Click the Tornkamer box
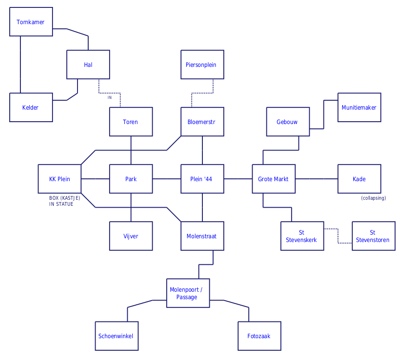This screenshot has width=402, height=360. coord(31,22)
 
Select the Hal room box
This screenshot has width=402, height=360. coord(88,65)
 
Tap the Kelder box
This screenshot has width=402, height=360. coord(31,107)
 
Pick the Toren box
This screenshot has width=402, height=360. coord(130,122)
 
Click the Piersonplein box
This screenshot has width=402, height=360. coord(202,65)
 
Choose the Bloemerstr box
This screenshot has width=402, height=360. coord(202,122)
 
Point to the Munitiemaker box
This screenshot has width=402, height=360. coord(359,107)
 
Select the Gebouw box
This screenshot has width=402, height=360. coord(287,122)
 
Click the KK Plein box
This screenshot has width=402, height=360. coord(59,179)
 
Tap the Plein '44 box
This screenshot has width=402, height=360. coord(202,179)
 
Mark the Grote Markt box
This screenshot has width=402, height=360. coord(273,179)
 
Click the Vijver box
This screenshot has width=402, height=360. coord(130,236)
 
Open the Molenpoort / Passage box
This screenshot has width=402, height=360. coord(188,293)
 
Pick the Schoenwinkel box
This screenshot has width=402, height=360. coord(117,336)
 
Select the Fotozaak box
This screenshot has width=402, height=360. coord(259,336)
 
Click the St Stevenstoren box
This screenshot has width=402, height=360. coord(373,236)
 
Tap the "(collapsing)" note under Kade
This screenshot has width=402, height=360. coord(373,198)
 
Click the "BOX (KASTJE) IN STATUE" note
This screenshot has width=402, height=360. coord(65,201)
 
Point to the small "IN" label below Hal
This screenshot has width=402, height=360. coord(110,98)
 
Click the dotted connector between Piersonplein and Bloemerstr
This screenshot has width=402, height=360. coord(202,93)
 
